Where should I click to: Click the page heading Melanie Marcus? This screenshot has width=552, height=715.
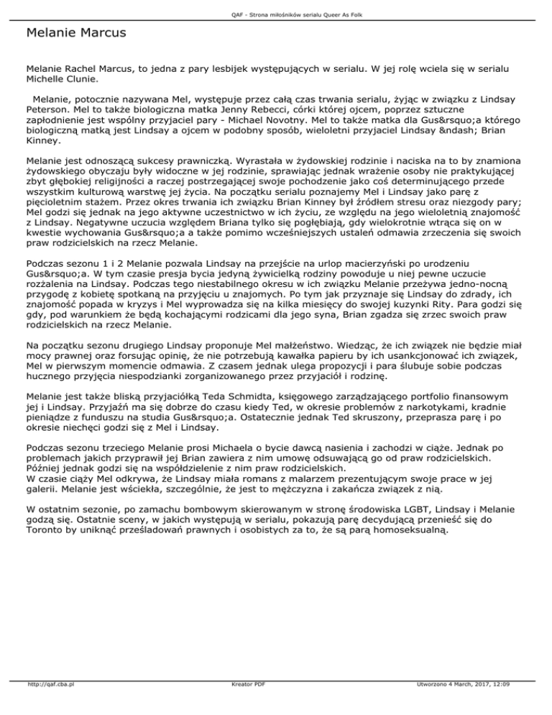[x=75, y=33]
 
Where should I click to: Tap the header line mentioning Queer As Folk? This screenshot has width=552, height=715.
[x=276, y=7]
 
